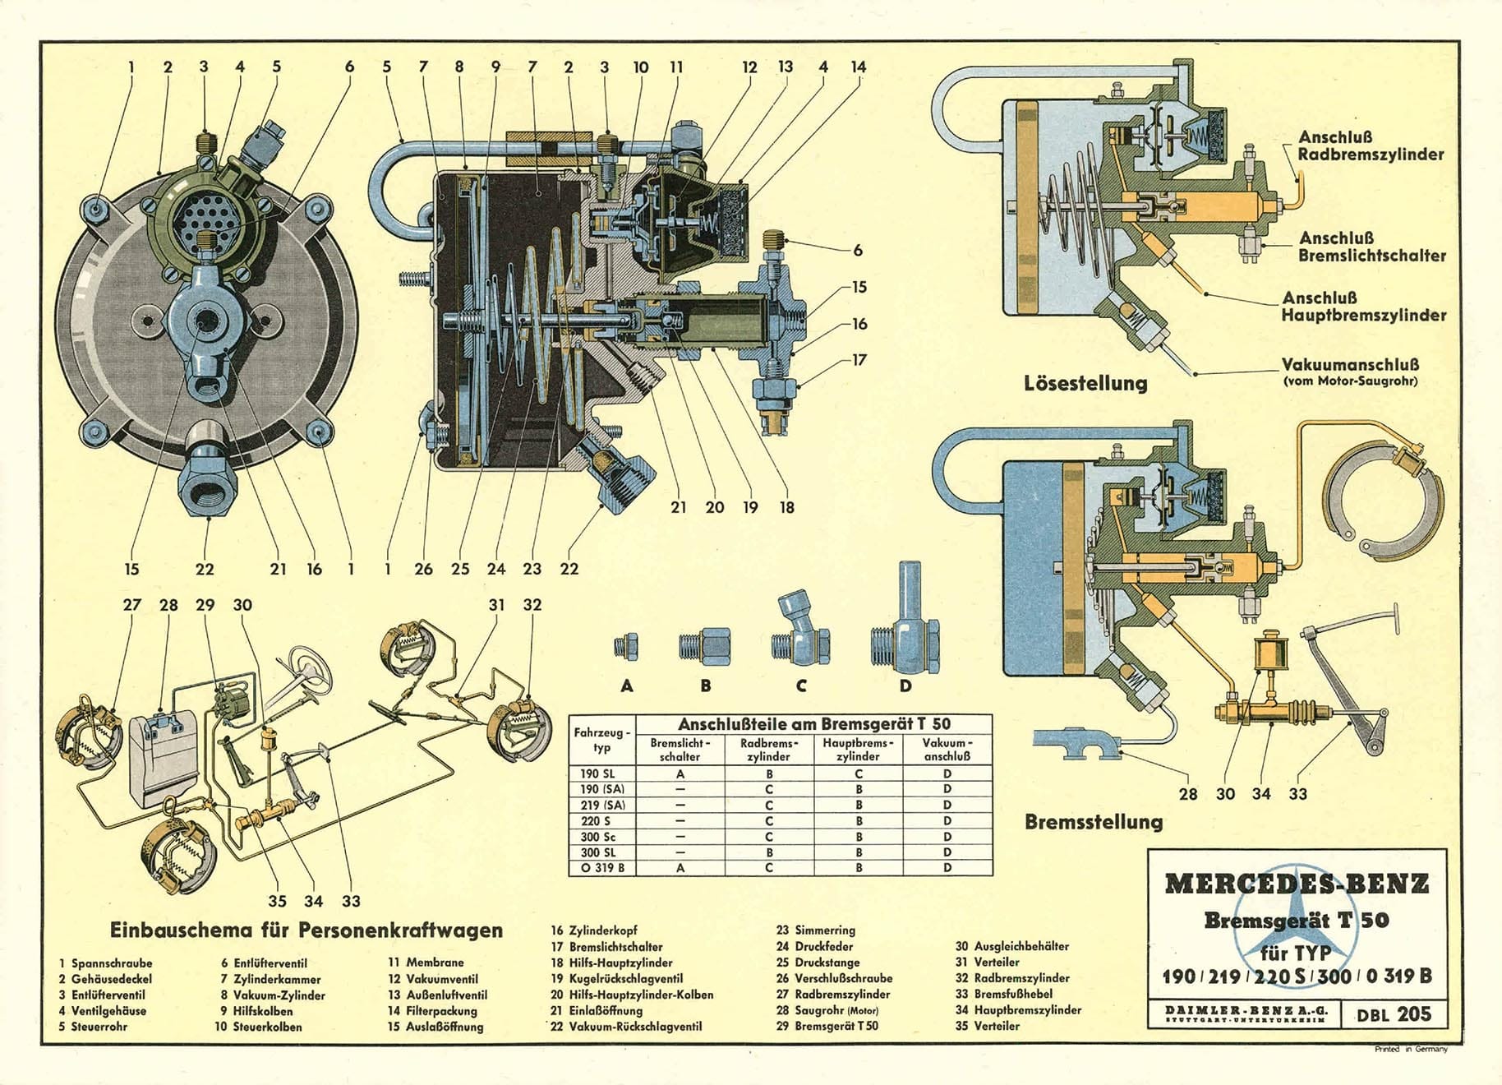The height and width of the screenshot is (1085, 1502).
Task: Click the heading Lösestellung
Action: point(1085,383)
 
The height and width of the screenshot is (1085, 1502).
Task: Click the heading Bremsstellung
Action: point(1094,821)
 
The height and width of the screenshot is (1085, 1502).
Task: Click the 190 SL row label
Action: point(597,773)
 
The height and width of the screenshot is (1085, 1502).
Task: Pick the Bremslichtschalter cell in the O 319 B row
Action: point(680,867)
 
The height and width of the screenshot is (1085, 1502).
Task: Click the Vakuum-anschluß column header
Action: point(947,749)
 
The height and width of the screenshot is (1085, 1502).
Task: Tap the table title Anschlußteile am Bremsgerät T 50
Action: point(813,724)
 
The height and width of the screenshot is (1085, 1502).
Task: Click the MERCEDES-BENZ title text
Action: point(1297,884)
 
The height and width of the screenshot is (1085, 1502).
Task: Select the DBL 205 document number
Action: point(1394,1014)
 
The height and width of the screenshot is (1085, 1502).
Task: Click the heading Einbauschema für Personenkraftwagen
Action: point(306,930)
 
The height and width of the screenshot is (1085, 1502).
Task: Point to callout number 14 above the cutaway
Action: point(858,67)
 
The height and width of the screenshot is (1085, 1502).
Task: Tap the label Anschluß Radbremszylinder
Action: point(1371,145)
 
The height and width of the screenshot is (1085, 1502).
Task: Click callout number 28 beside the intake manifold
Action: point(1188,794)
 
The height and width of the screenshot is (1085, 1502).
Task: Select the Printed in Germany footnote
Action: point(1411,1049)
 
